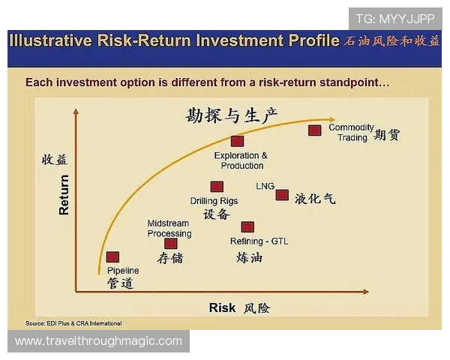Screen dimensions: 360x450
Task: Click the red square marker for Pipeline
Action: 112,256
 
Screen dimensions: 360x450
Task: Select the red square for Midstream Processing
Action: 171,243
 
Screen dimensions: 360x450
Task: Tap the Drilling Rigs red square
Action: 217,187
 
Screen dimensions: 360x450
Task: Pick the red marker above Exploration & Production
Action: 238,141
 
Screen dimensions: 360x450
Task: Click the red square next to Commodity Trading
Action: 316,130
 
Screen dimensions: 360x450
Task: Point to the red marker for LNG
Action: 282,195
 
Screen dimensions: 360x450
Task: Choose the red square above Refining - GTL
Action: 247,226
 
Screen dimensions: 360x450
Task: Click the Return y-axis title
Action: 64,195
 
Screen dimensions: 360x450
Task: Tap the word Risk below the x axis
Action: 222,307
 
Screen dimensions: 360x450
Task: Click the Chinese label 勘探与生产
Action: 232,115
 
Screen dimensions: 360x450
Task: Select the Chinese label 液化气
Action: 315,199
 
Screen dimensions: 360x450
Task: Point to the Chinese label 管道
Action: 120,283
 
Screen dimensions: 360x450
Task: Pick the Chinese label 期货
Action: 387,136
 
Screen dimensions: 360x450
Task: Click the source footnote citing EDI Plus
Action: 73,323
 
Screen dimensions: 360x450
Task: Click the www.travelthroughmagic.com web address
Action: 98,341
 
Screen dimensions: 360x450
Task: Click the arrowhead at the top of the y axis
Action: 75,112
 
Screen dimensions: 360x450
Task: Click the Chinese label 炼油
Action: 249,257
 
